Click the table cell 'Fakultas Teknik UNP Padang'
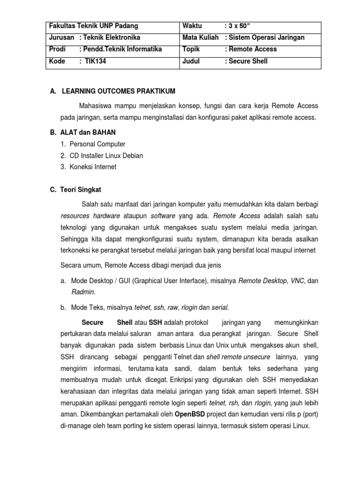coord(93,26)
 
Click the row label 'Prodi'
coord(57,49)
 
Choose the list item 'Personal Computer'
coord(99,144)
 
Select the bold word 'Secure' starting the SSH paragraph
coord(92,323)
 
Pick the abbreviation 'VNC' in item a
coord(297,281)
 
